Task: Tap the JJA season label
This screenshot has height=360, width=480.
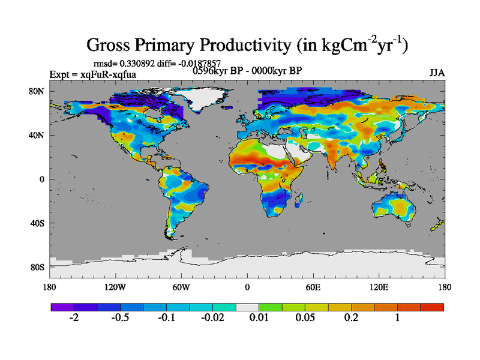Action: [437, 73]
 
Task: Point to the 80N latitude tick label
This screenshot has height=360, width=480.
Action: [38, 91]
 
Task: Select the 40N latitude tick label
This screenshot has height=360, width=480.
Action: [38, 135]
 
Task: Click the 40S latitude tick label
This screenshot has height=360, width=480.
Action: [38, 223]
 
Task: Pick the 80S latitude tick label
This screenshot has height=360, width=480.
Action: [38, 267]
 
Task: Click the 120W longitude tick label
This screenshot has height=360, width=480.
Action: [114, 287]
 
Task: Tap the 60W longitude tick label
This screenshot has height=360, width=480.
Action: [181, 287]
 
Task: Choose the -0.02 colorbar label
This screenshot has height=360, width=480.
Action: [212, 318]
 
